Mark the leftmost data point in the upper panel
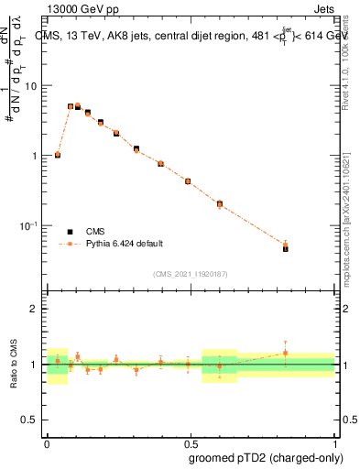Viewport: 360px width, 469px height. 58,155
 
